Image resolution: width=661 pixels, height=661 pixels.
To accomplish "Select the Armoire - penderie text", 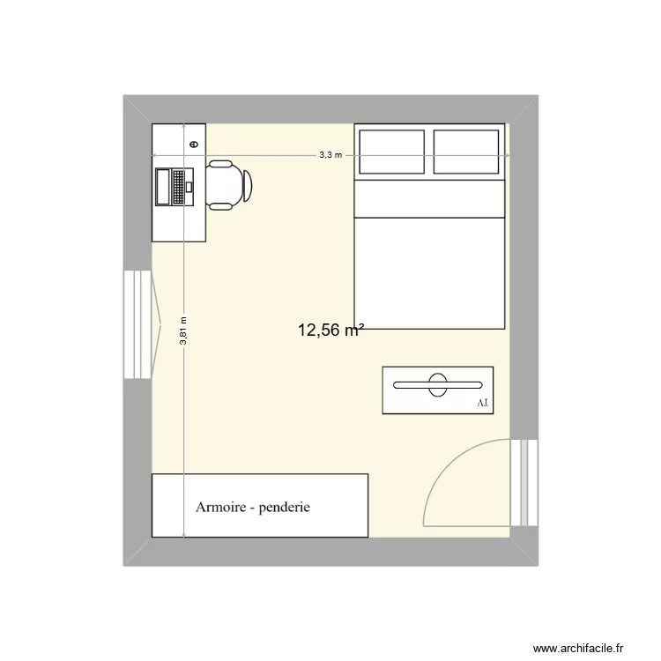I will coord(253,508).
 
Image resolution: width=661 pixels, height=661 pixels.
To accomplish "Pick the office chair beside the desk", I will coord(231,185).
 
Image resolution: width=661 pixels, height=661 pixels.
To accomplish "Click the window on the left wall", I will coord(137,323).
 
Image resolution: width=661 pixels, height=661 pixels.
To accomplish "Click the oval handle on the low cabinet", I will coord(437,384).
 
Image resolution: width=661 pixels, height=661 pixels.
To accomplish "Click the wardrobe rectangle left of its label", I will coord(172,505).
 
